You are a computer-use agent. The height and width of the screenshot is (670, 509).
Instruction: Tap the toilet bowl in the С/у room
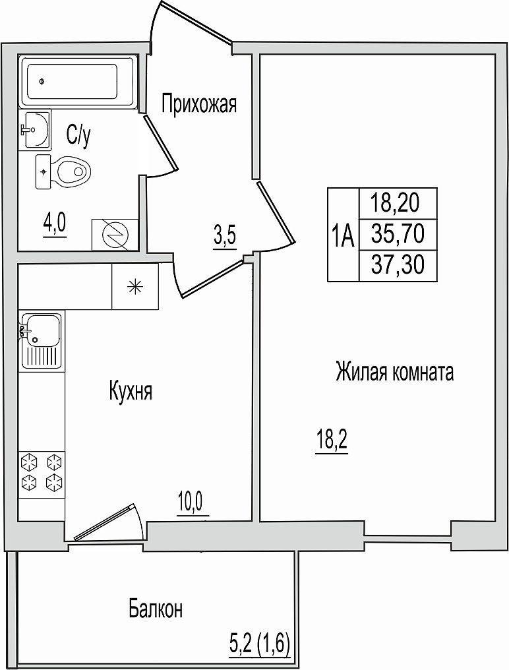63,171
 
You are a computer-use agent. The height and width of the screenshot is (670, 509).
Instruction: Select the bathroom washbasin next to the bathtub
36,129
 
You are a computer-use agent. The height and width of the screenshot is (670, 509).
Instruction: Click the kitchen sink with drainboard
41,340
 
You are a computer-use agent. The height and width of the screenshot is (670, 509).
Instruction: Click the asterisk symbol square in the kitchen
135,286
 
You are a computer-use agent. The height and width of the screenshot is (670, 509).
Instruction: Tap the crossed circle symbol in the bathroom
115,235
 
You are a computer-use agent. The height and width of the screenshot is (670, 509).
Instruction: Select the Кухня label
131,391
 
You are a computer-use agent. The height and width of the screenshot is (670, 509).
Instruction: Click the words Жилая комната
394,371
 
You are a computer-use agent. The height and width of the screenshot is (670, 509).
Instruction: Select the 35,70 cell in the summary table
398,234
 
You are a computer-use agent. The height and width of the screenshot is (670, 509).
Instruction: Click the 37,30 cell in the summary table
398,265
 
